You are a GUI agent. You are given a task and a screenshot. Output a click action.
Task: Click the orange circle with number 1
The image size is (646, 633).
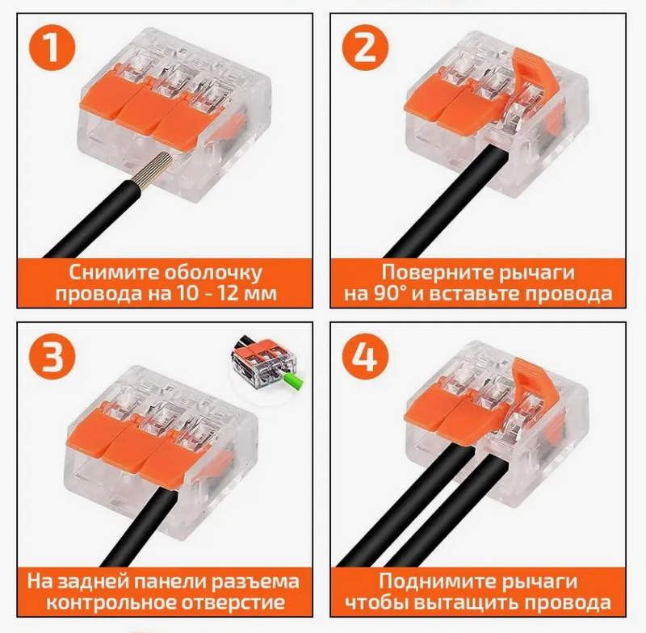tap(52, 48)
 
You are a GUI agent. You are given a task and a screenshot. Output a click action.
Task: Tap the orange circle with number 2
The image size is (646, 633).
tap(366, 48)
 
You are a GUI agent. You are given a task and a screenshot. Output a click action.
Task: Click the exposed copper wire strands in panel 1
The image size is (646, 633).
tap(156, 170)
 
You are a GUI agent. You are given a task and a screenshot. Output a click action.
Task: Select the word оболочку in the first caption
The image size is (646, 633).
tap(212, 273)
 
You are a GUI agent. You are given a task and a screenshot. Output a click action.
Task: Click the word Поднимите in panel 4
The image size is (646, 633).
tap(436, 581)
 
